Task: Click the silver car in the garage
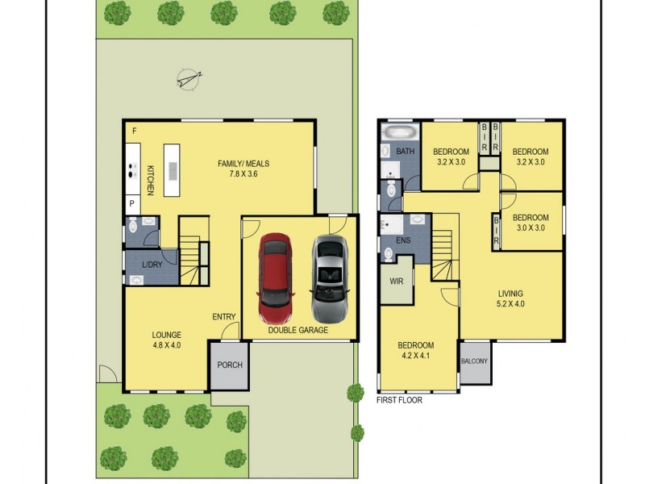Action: pos(330,278)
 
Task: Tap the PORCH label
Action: pos(229,365)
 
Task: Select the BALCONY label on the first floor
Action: pos(474,361)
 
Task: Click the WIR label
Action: pos(396,282)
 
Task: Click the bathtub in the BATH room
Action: pos(397,131)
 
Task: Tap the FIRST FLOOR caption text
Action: pos(399,399)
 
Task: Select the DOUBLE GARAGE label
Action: pos(298,330)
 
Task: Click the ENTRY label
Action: pos(223,316)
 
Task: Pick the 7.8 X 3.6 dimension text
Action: pos(243,175)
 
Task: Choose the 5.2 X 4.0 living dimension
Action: pos(510,304)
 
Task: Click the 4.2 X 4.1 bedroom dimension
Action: pos(415,357)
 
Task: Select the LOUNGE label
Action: pos(166,335)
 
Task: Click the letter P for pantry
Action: pos(132,204)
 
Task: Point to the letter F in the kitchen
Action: pos(134,131)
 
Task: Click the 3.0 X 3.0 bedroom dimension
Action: pos(531,228)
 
